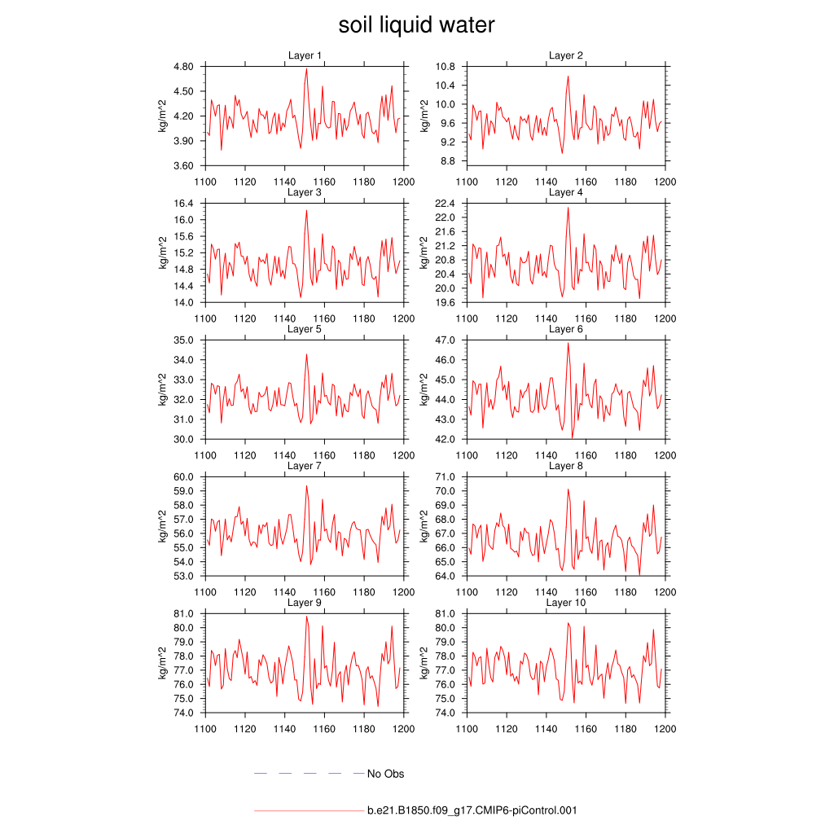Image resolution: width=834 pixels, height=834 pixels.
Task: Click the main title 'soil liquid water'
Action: (416, 25)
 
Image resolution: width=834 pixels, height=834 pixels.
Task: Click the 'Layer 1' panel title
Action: (305, 55)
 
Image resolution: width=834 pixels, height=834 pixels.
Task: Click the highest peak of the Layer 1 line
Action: (307, 68)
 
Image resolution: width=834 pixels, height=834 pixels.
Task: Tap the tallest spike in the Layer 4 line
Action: (568, 208)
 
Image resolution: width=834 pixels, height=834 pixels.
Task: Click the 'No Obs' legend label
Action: (385, 774)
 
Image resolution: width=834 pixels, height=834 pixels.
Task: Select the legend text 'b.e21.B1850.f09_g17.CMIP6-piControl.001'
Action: (472, 810)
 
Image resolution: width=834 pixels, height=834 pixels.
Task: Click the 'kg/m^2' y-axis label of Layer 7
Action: (163, 526)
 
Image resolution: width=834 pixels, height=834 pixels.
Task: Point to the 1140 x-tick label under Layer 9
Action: (284, 729)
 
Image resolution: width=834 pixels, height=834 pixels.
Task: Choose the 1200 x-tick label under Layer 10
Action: (665, 729)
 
